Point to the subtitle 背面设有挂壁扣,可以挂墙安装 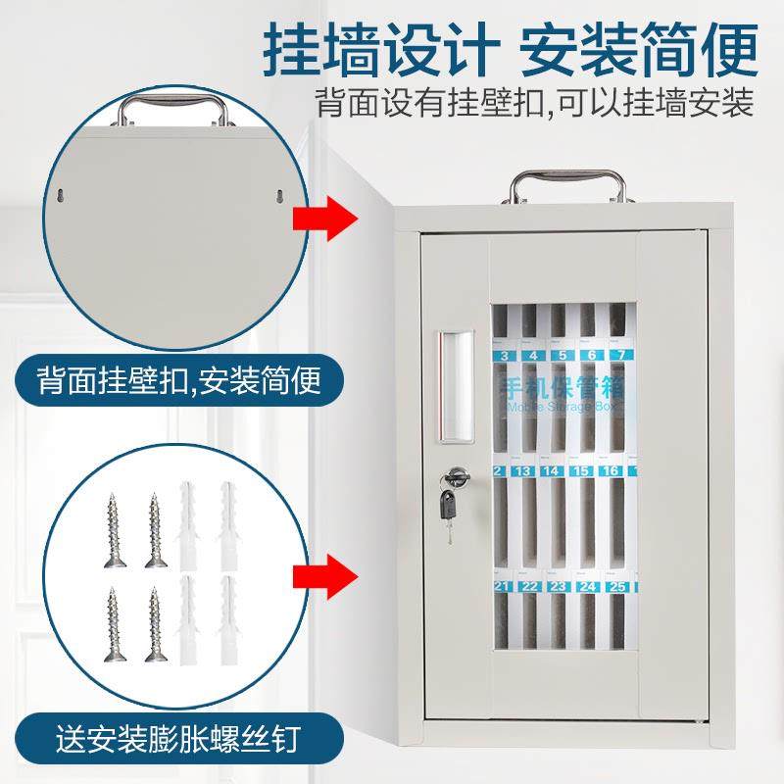533,103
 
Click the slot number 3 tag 505,357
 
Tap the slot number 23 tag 559,588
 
